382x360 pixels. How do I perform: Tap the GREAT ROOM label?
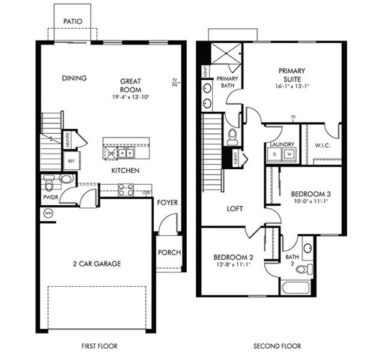(x=130, y=85)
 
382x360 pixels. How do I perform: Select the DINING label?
(x=74, y=78)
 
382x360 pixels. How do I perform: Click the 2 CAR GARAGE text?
(x=97, y=263)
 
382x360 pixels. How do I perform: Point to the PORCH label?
(x=169, y=253)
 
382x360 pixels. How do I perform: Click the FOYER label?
(x=168, y=203)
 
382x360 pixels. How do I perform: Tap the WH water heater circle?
(x=47, y=213)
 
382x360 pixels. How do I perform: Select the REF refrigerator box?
(x=71, y=161)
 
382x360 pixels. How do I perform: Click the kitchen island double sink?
(x=125, y=154)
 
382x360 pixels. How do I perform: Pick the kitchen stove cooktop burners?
(x=126, y=190)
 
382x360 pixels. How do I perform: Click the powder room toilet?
(x=49, y=179)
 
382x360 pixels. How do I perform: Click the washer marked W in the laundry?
(x=289, y=154)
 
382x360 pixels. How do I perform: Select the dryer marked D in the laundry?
(x=275, y=154)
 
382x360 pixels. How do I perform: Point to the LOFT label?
(x=234, y=209)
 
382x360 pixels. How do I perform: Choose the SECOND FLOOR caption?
(x=277, y=346)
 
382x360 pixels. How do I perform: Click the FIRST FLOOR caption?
(x=99, y=346)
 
